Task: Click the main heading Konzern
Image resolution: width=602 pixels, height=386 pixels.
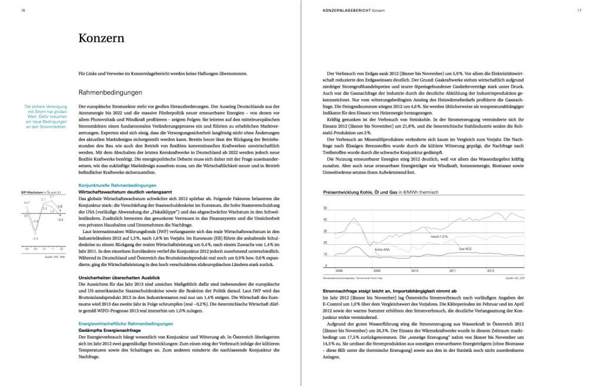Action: [x=101, y=39]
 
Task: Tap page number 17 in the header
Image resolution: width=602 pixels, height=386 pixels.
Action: [x=579, y=10]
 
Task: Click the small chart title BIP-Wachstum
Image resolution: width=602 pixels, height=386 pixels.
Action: [x=32, y=192]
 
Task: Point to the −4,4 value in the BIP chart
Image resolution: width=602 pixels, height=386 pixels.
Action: [x=35, y=238]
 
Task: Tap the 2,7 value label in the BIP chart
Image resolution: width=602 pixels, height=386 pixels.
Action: [x=52, y=196]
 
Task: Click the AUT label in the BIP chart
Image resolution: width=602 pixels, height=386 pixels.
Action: [x=26, y=202]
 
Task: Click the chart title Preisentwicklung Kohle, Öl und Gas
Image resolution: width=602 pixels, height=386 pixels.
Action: [x=381, y=192]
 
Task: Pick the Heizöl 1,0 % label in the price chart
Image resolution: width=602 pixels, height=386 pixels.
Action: [x=439, y=237]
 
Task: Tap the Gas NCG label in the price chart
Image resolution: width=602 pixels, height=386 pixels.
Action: [x=466, y=248]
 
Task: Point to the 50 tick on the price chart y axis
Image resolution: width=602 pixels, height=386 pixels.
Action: [x=325, y=208]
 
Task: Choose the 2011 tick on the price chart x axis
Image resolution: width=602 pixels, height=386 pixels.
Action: [x=452, y=271]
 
